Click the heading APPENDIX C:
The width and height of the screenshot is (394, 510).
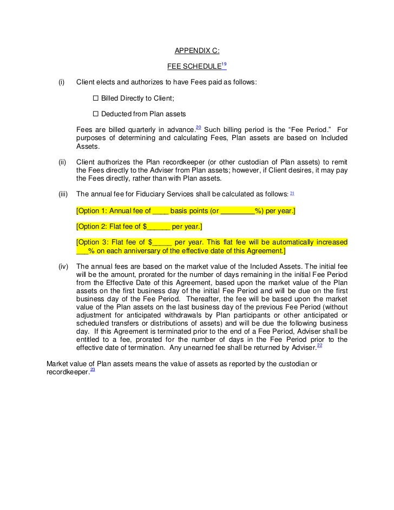tap(196, 51)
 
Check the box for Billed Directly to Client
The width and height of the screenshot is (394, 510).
tap(96, 99)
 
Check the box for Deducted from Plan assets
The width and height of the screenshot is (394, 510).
tap(96, 114)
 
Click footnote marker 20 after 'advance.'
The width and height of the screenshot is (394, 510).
tap(198, 127)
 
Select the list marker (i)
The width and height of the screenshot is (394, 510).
tap(61, 83)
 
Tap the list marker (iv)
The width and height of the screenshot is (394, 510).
tap(62, 267)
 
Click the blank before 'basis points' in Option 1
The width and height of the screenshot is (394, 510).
tap(161, 211)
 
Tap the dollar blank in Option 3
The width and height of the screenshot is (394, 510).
tap(160, 242)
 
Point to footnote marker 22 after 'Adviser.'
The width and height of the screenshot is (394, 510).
tap(320, 345)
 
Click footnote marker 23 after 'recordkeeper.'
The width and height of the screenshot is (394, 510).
tap(93, 369)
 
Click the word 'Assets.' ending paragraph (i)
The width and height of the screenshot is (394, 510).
tap(88, 147)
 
